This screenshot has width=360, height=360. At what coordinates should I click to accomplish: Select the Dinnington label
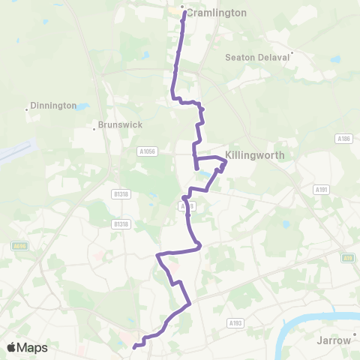(x=54, y=106)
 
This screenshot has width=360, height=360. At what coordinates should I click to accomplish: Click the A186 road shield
(x=343, y=139)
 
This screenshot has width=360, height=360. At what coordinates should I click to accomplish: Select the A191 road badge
(x=321, y=190)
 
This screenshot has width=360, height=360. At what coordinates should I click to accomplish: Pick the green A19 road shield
(x=347, y=257)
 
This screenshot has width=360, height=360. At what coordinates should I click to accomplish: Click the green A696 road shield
(x=19, y=245)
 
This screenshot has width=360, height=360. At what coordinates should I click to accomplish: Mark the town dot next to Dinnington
(x=27, y=110)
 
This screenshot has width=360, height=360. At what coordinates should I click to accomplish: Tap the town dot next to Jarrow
(x=354, y=335)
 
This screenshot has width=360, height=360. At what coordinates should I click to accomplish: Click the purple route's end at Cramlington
(x=183, y=10)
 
